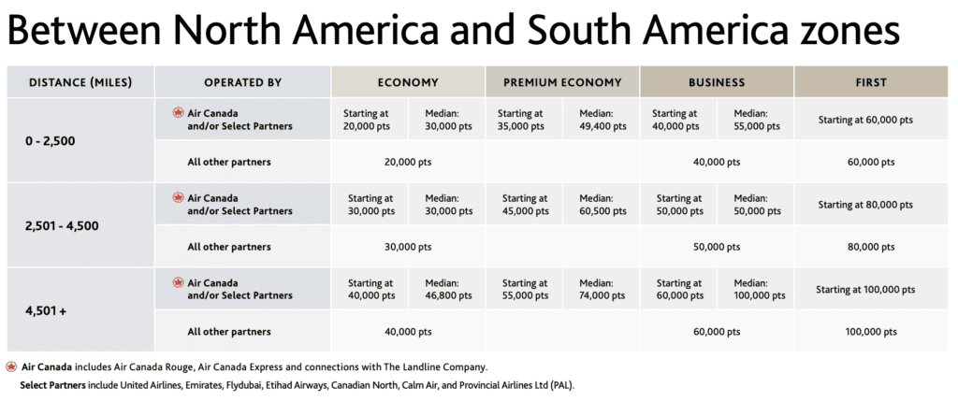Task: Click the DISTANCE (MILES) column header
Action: (x=80, y=82)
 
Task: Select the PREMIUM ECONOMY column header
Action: (x=562, y=82)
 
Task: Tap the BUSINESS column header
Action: (x=717, y=82)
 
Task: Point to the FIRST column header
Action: (x=870, y=82)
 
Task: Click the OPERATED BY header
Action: (x=242, y=82)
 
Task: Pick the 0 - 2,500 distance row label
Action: (x=51, y=141)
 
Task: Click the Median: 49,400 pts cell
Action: (x=601, y=120)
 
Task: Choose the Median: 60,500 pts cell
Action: (x=601, y=204)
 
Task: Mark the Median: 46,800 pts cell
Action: (x=447, y=289)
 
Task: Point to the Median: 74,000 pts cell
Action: (x=601, y=289)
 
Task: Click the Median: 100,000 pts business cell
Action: (x=755, y=289)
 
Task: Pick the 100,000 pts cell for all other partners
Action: (x=870, y=332)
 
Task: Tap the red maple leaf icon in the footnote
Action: (x=11, y=366)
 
